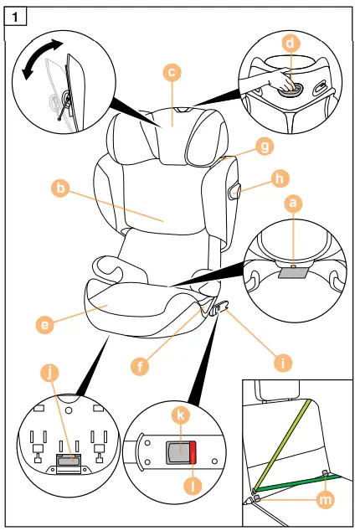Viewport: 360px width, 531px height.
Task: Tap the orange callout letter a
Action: (x=292, y=203)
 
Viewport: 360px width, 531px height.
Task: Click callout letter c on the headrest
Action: (x=171, y=74)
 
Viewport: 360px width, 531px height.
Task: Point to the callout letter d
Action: (x=290, y=41)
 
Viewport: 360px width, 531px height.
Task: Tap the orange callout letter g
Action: (x=265, y=147)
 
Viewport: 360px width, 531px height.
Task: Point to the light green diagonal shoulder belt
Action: (x=285, y=444)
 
